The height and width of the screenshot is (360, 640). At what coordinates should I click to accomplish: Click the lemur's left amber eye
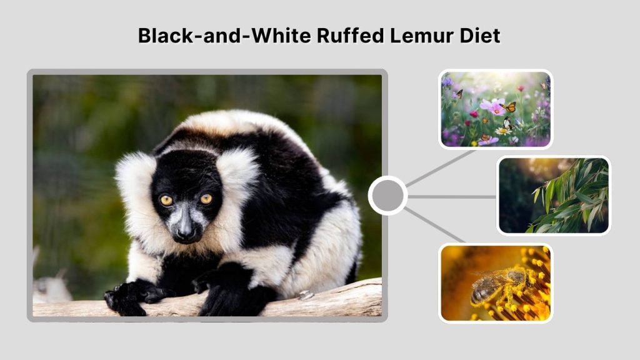[166, 200]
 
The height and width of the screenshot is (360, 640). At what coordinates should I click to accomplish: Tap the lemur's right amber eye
[206, 199]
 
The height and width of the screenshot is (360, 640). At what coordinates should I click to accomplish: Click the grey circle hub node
[387, 196]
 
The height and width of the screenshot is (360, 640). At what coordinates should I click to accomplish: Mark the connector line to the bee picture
[435, 226]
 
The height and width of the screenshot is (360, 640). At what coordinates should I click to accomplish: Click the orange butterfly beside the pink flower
[511, 107]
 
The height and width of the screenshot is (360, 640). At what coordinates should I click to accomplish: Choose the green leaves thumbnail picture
[553, 195]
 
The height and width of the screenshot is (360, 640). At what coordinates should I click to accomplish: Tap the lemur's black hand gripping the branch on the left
[128, 296]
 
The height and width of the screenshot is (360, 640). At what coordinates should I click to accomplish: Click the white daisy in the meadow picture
[502, 131]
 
